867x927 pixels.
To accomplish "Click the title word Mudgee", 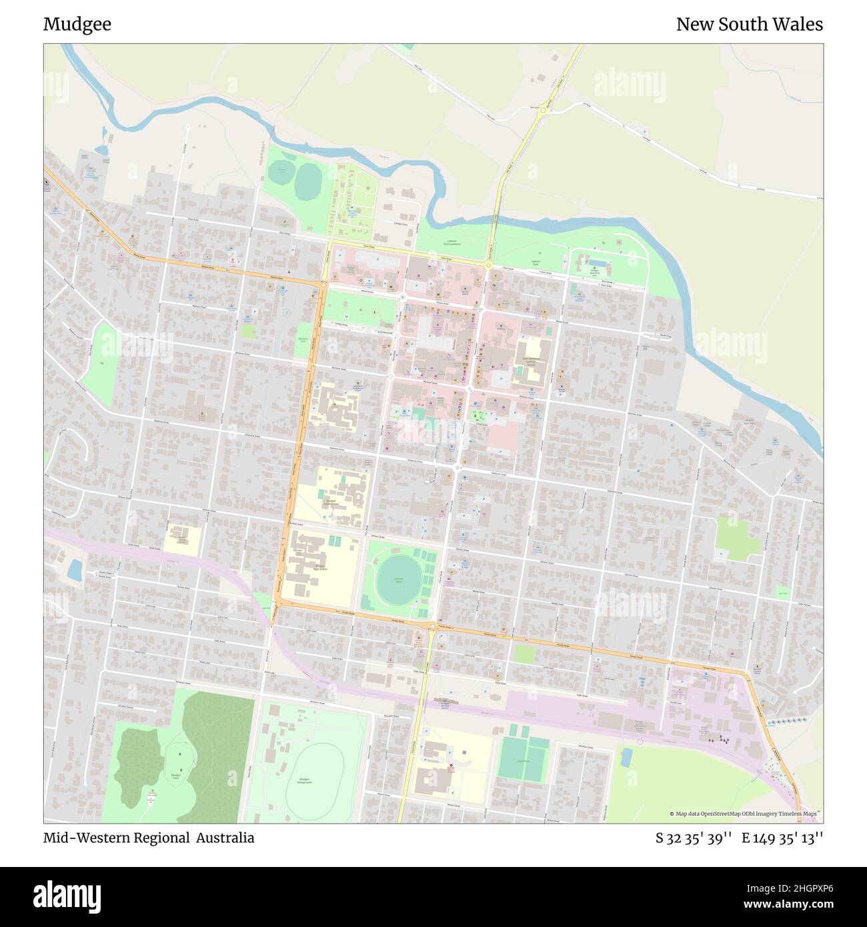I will [x=77, y=25].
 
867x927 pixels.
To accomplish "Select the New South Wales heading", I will [x=749, y=25].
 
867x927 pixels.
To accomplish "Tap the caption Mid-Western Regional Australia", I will [x=149, y=838].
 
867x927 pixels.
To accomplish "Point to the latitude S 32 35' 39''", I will [x=694, y=838].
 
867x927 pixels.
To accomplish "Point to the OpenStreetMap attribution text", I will [x=745, y=814].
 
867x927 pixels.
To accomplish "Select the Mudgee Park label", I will [x=176, y=776].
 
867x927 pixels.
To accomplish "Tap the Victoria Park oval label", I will [x=398, y=581].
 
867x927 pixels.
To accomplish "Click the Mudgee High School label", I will [x=321, y=568].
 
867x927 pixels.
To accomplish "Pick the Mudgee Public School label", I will [x=331, y=502].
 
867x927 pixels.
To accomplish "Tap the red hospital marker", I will [x=450, y=766].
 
